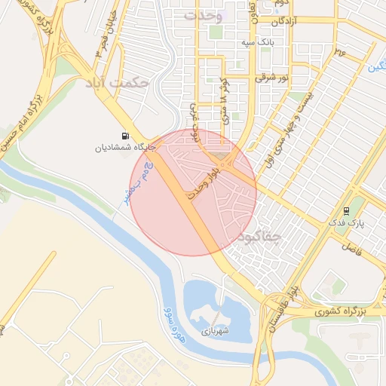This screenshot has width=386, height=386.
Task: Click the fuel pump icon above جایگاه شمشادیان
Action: click(124, 136)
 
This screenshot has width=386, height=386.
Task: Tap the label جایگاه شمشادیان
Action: click(124, 148)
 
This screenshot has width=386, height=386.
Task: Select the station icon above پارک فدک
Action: click(346, 211)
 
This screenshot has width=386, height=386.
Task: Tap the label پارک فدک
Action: click(346, 224)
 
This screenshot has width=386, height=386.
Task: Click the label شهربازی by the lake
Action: click(214, 330)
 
